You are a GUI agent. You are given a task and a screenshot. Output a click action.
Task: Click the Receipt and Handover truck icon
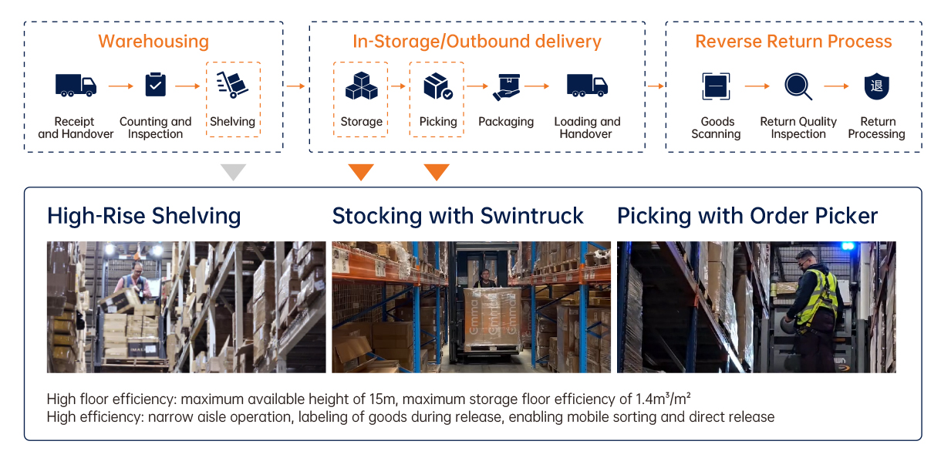click(x=76, y=86)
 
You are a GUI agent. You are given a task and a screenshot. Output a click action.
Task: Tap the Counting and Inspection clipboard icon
click(x=155, y=84)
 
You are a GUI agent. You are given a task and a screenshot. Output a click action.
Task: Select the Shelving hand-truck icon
click(x=232, y=85)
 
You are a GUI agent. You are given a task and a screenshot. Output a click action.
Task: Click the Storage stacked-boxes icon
click(x=361, y=86)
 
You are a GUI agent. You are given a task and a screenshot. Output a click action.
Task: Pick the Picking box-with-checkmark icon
click(x=437, y=86)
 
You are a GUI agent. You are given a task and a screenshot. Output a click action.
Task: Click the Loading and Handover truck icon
click(x=587, y=86)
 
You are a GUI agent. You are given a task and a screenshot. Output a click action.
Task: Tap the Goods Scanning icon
click(x=716, y=86)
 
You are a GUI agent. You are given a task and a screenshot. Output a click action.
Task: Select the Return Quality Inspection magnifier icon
click(x=798, y=86)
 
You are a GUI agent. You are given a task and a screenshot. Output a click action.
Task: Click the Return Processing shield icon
click(x=877, y=86)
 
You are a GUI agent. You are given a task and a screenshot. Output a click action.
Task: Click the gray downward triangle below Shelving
click(x=234, y=172)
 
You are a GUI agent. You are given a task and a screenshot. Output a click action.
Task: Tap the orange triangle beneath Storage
click(x=361, y=172)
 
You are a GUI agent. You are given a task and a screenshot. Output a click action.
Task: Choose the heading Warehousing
click(x=153, y=42)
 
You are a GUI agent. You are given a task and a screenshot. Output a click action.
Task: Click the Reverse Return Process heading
click(x=793, y=42)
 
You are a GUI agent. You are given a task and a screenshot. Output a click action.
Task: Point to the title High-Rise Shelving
click(x=144, y=217)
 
